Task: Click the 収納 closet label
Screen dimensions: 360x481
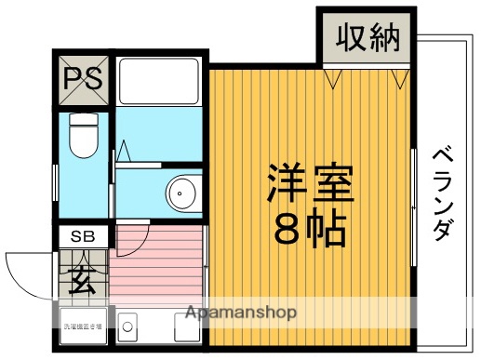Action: click(x=367, y=38)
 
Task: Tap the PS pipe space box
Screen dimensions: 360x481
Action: click(x=84, y=79)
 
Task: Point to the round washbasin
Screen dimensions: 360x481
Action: click(x=181, y=193)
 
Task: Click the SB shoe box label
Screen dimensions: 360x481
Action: click(x=84, y=237)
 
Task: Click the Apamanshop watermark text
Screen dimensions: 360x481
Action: click(x=241, y=313)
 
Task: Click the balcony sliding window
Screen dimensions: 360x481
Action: click(x=412, y=205)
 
